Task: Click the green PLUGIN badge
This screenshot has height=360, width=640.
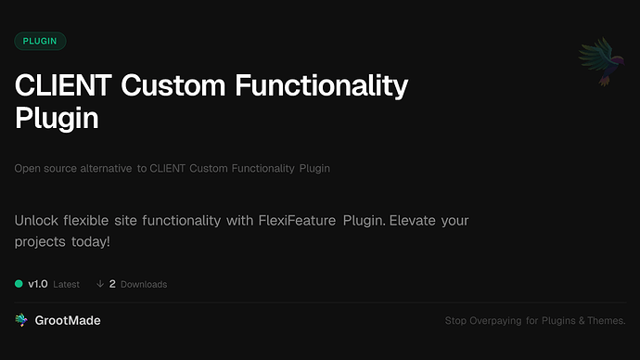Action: (x=40, y=42)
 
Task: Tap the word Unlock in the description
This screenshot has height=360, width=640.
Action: (x=40, y=222)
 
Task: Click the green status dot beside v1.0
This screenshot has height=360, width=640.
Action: (x=19, y=284)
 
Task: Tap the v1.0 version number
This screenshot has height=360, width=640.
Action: (x=38, y=284)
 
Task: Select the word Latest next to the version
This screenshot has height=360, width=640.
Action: (x=66, y=284)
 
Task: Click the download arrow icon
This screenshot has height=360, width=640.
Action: (x=99, y=284)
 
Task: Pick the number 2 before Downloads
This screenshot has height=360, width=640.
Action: (x=112, y=284)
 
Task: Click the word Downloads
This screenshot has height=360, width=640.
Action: (x=144, y=284)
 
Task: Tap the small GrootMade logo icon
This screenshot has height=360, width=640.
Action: (x=21, y=320)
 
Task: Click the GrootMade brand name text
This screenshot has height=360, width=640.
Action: (x=69, y=320)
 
